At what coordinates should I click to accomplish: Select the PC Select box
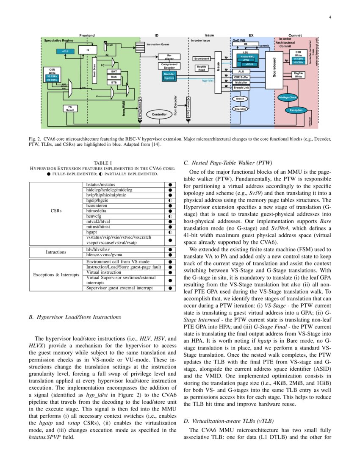(70, 108)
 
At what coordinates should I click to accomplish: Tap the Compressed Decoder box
(169, 66)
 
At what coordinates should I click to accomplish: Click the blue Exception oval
(296, 110)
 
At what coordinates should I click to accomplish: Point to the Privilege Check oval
(288, 97)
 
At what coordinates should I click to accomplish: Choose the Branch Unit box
(241, 88)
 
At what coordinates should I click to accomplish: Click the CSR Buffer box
(241, 77)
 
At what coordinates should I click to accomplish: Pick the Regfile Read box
(202, 68)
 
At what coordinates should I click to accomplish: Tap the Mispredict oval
(240, 109)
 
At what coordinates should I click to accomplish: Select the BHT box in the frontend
(114, 72)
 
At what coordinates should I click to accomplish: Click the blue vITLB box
(66, 51)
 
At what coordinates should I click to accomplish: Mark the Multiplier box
(241, 83)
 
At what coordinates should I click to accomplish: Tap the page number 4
(330, 17)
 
